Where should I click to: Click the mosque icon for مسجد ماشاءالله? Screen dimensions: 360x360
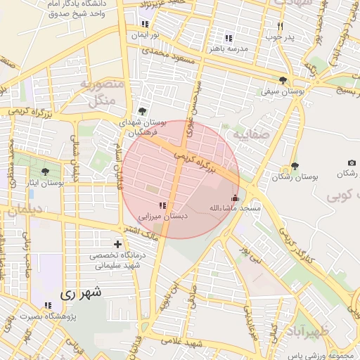(235, 198)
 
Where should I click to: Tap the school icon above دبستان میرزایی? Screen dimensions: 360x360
(162, 205)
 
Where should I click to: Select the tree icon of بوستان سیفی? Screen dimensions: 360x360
(283, 80)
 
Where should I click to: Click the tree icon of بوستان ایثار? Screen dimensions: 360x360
(46, 172)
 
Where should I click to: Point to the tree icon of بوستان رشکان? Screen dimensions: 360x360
(294, 167)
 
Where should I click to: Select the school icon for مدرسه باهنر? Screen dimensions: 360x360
(228, 38)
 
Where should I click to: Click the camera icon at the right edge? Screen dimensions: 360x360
(352, 163)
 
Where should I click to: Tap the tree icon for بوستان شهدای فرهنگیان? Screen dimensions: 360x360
(143, 111)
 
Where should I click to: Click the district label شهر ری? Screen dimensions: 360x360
(81, 293)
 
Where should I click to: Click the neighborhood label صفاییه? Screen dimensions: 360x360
(251, 133)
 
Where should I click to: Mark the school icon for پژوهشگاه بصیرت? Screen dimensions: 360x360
(48, 304)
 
